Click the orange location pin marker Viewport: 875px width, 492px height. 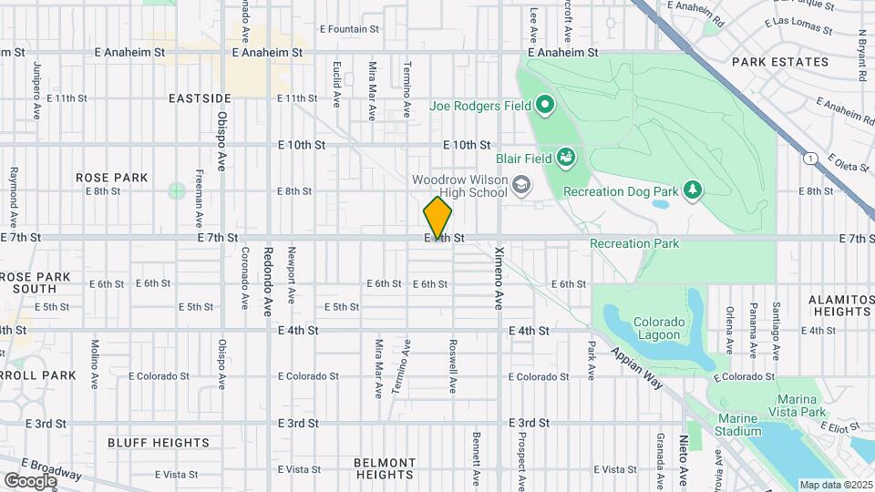click(437, 217)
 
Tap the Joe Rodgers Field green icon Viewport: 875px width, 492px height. click(545, 106)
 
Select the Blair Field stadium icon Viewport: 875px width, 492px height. click(565, 158)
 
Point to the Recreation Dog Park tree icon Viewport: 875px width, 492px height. click(694, 190)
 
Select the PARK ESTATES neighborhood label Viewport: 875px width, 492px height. click(780, 62)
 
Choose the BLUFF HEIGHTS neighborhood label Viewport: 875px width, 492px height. click(159, 443)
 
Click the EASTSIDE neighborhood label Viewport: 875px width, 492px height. click(200, 97)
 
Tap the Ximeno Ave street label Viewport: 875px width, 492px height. click(499, 277)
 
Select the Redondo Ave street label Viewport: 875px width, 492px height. click(268, 277)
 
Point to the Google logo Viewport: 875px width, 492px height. click(30, 480)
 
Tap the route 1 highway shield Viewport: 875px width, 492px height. click(808, 159)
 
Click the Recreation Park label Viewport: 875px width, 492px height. click(634, 243)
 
